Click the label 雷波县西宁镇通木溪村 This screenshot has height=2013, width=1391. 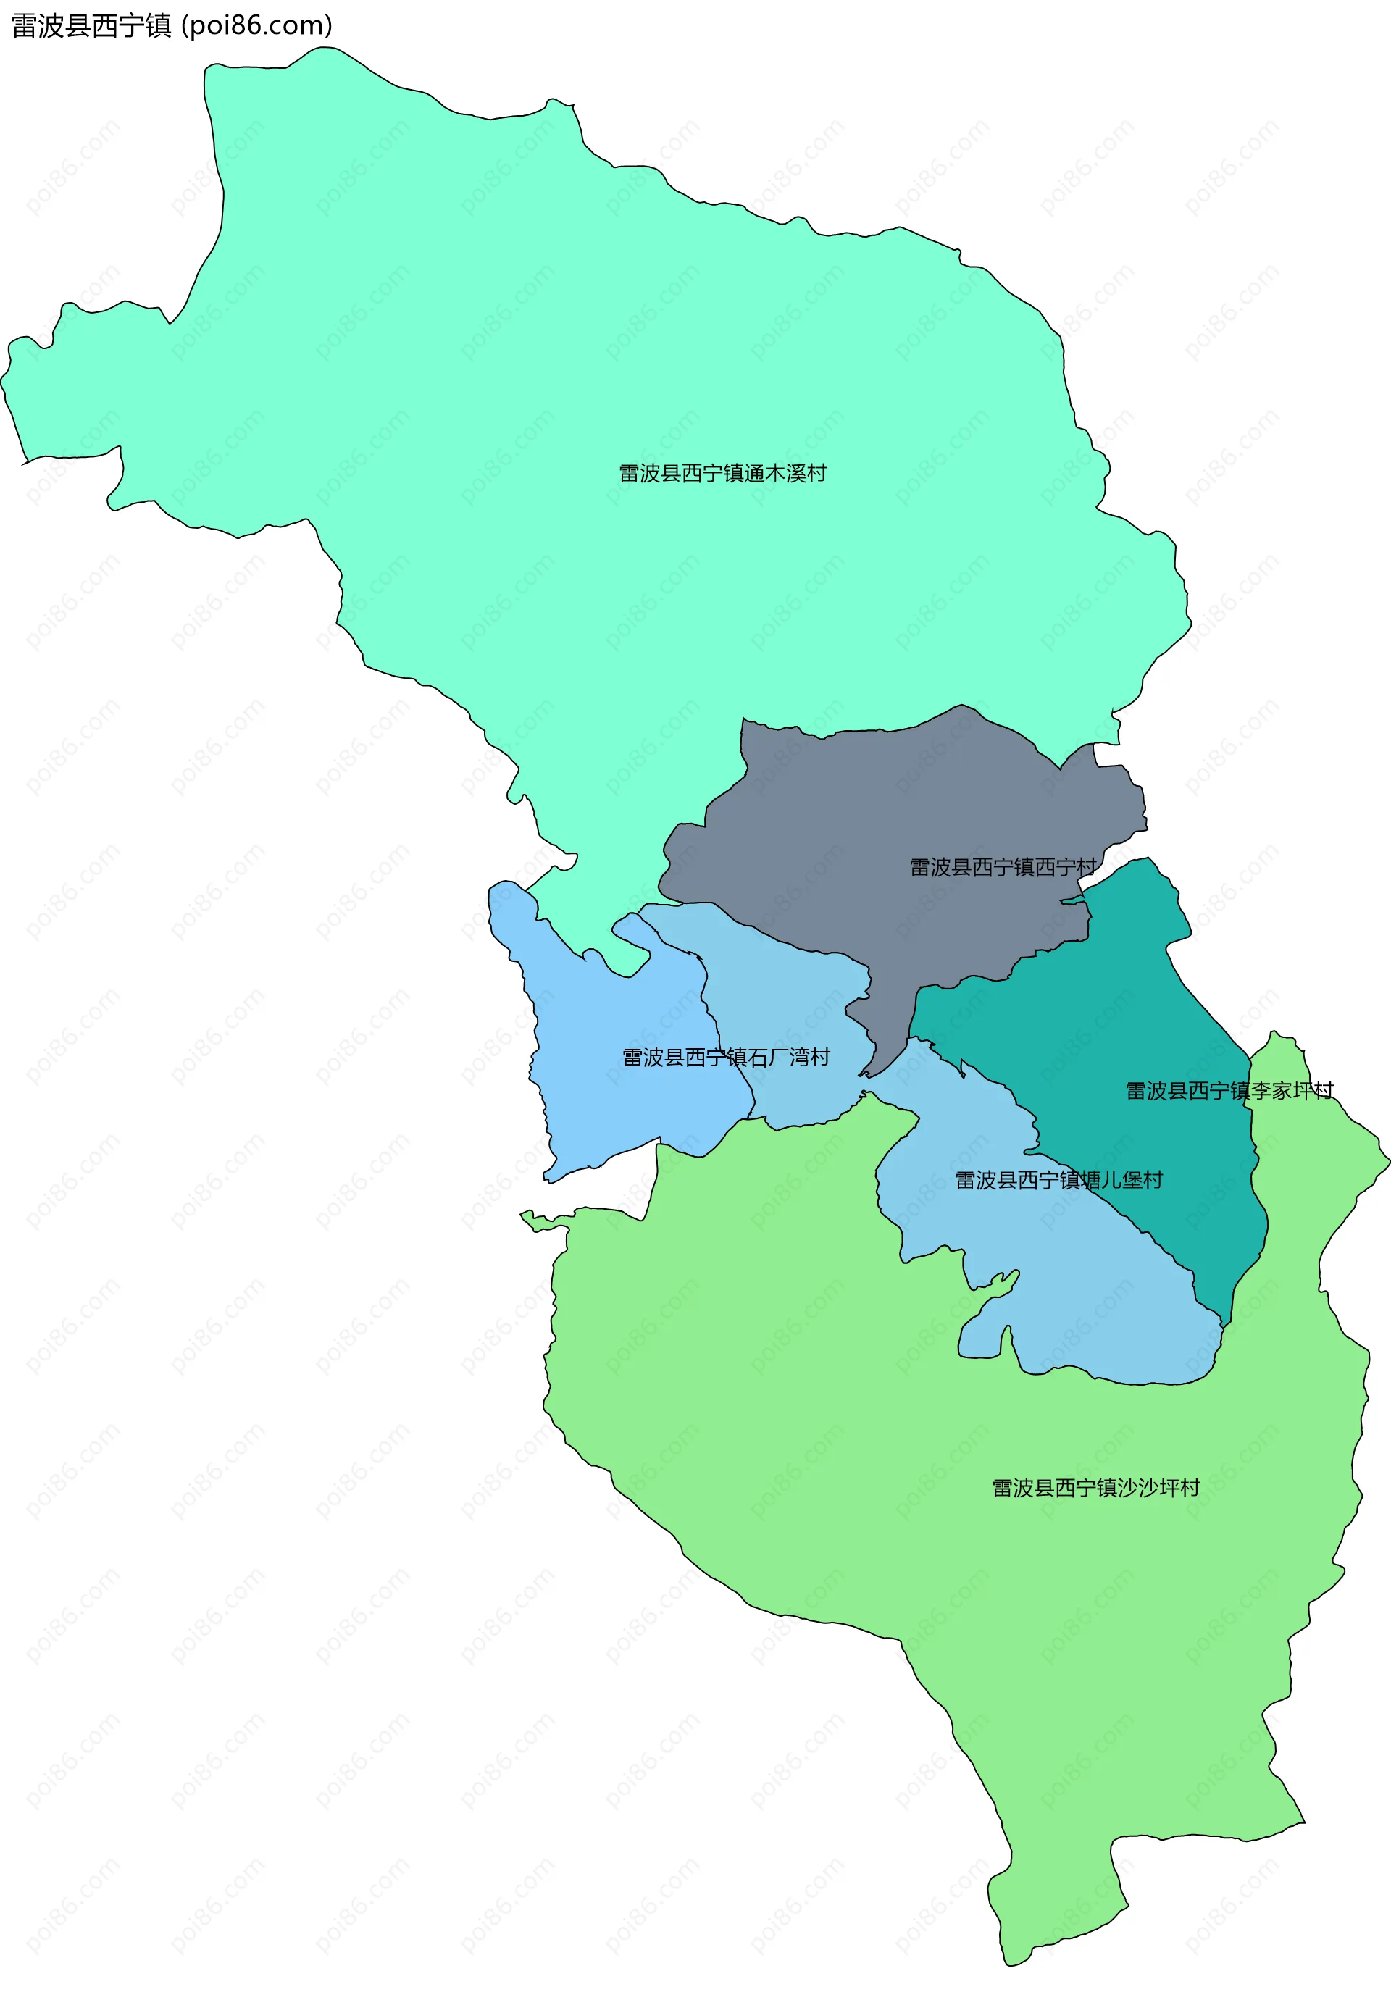722,473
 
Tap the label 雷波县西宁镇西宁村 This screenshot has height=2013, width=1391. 1002,867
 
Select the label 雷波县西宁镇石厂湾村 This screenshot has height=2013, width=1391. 726,1057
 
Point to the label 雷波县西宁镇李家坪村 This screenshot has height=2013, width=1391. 1229,1091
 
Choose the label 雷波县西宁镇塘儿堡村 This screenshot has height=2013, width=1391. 1059,1180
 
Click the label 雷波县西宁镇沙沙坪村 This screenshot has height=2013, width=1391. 1095,1488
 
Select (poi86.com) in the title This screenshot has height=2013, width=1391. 256,26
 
